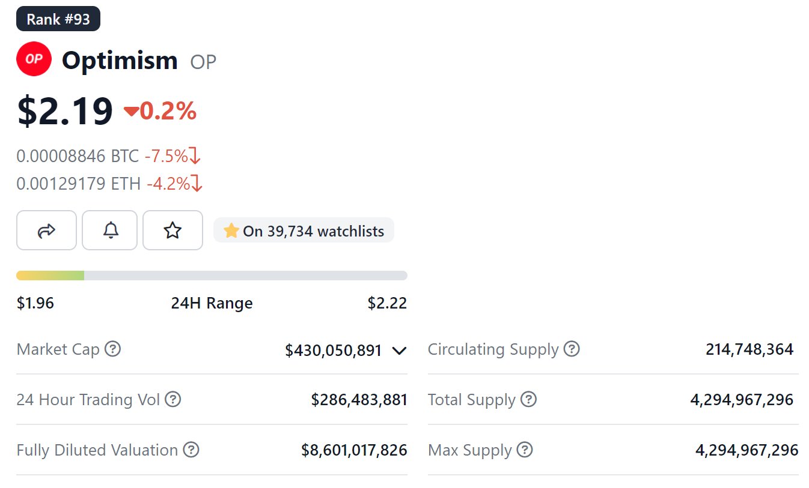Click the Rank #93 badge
point(58,19)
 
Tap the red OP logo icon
point(34,59)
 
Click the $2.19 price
point(65,112)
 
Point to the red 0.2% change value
point(168,111)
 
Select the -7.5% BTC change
point(166,156)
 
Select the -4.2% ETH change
point(168,183)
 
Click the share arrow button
point(46,230)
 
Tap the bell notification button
point(110,230)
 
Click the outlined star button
point(172,230)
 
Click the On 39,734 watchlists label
point(304,230)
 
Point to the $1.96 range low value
point(35,303)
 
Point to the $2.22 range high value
point(387,303)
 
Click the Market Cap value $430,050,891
point(334,350)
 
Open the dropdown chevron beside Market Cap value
point(399,350)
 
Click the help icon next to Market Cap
point(112,349)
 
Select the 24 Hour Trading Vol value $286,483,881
point(359,400)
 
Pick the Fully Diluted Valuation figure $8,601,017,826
point(354,450)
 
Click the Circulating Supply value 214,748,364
point(749,349)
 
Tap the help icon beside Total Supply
point(528,399)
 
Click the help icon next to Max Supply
point(525,450)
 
